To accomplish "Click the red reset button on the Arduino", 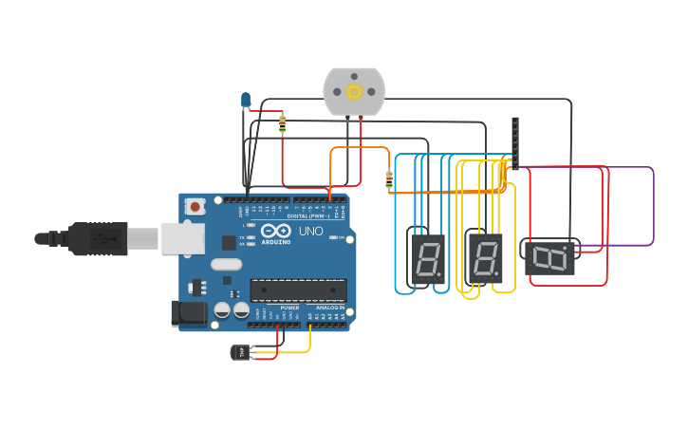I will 195,206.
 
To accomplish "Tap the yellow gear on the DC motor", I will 355,92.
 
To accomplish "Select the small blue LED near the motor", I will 246,99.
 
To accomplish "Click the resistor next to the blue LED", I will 283,123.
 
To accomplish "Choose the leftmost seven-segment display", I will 426,257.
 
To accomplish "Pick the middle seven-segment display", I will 485,257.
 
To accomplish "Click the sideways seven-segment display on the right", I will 549,256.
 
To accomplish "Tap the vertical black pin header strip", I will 515,143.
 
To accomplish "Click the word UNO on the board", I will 312,232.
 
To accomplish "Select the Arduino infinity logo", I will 276,232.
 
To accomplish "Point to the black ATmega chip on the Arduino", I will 297,290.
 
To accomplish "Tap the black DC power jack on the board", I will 188,314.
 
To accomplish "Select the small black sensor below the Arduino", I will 241,352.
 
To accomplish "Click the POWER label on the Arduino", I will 289,308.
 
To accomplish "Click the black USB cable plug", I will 95,237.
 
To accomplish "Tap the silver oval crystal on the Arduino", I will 227,264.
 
